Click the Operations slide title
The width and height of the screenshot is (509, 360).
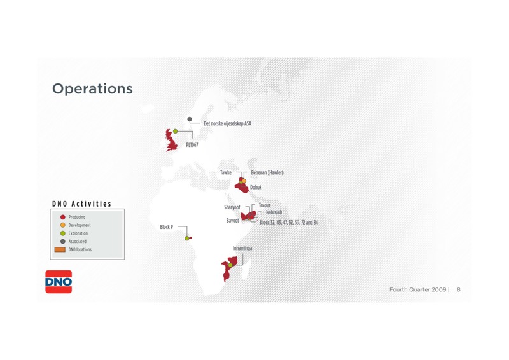[92, 88]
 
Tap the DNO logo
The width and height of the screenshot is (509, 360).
[59, 282]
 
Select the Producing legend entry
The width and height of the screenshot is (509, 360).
[73, 217]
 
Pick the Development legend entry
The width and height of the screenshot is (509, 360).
[75, 225]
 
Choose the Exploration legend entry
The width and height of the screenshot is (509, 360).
[74, 233]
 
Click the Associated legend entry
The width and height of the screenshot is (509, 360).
[73, 241]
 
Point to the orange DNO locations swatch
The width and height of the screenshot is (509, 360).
[60, 249]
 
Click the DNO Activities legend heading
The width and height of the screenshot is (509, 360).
[82, 204]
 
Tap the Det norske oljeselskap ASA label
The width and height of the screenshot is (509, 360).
[227, 123]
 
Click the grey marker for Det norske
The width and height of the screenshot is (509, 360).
[190, 119]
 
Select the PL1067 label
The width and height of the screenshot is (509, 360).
[192, 145]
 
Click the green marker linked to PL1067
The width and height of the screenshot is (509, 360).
[176, 131]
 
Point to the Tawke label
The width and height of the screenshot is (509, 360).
[226, 172]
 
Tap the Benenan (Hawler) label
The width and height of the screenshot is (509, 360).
[267, 172]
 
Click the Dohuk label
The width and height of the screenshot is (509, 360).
[256, 187]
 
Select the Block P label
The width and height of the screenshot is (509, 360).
[167, 227]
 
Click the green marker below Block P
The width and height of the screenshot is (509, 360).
[186, 239]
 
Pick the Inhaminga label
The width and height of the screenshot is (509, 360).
[242, 248]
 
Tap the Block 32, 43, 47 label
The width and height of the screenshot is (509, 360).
[289, 223]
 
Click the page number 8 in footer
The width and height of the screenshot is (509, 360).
[458, 289]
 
